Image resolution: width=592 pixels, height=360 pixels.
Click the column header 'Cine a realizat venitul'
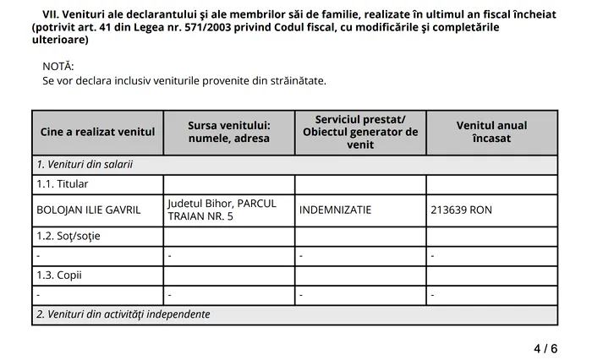coord(97,132)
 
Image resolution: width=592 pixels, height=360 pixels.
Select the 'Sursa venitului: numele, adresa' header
coord(228,132)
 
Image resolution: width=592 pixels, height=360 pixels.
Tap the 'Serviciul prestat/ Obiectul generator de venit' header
coord(360,132)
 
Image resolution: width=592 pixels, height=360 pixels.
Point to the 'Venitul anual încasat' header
coord(491,132)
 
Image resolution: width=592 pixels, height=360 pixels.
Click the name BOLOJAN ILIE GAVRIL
coord(89,210)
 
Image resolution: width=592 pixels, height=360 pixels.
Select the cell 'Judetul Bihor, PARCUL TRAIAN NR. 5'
coord(222,210)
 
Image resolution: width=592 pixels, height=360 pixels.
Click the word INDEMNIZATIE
coord(335,210)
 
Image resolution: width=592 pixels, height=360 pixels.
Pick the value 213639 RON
coord(461,210)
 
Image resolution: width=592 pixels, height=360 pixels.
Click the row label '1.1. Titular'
coord(63,184)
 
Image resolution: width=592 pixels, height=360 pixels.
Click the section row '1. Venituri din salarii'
coord(85,165)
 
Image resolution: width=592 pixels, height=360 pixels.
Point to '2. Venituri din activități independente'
coord(123,314)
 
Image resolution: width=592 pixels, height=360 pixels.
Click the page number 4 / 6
coord(545,348)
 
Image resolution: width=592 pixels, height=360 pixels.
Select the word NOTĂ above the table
coord(58,66)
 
